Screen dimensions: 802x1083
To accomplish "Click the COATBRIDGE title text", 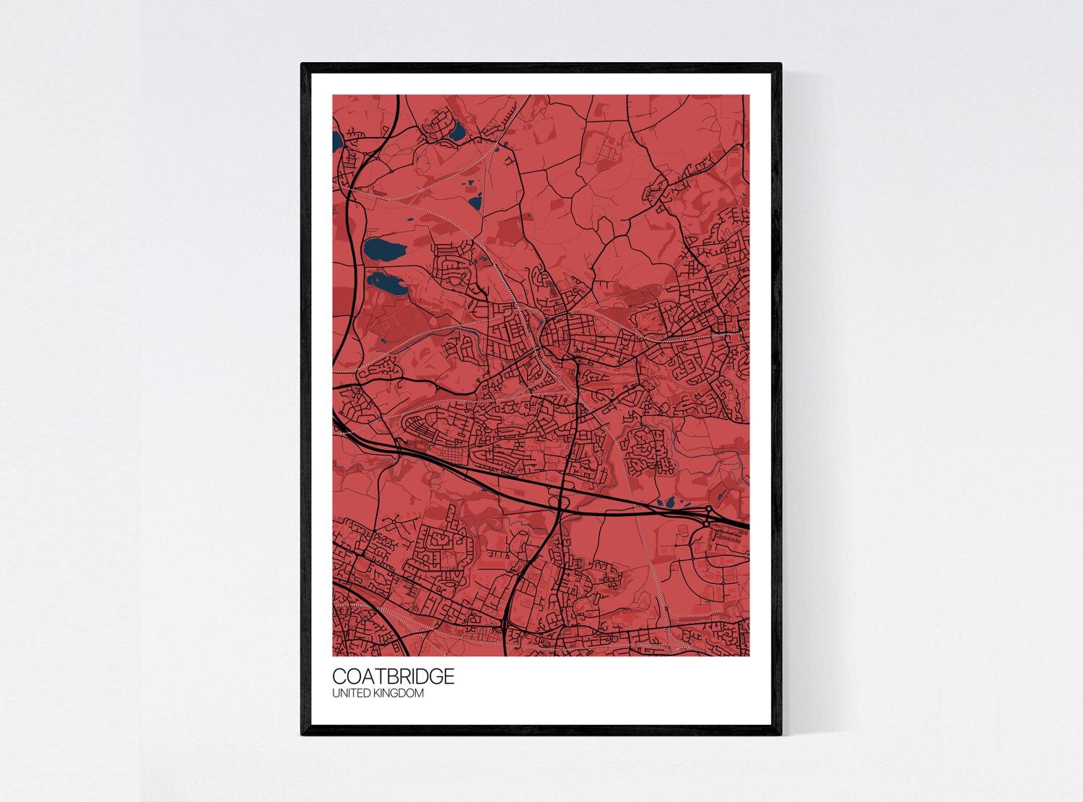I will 393,676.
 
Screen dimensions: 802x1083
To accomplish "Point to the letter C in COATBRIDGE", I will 339,676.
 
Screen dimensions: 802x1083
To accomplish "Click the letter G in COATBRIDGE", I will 434,676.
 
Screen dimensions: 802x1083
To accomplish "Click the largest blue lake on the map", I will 383,251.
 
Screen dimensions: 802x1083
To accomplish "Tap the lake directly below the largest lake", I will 384,283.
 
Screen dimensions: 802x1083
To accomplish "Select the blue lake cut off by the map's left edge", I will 336,138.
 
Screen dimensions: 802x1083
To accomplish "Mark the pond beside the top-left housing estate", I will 458,132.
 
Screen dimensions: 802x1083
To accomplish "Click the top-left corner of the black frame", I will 303,65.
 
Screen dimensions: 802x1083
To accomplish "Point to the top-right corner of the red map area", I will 749,95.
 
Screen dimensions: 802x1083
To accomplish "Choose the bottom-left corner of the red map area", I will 333,655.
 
